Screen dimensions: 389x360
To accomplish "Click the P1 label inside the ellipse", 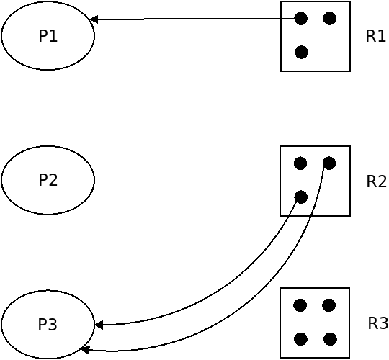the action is pos(48,36).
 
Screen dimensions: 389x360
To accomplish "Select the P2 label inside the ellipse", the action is pos(48,180).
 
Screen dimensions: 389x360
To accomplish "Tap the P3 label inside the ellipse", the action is pos(48,324).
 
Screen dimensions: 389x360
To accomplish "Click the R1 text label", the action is pos(375,36).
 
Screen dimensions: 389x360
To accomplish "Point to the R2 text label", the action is pos(376,181).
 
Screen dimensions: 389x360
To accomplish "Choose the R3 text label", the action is pos(377,323).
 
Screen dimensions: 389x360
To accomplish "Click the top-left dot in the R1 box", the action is pos(301,18).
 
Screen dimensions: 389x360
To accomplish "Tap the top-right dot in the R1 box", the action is pos(330,18).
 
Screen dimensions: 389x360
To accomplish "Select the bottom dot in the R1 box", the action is pos(301,53).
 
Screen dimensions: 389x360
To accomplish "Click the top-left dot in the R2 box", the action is pos(300,163).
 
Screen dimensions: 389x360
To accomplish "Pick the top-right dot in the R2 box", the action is pos(329,163).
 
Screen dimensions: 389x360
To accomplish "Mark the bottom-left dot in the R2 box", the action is pos(301,197).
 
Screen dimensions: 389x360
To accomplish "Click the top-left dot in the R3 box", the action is pos(300,305).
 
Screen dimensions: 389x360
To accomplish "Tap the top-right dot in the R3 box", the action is pos(329,305).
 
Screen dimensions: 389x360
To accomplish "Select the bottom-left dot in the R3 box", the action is pos(301,339).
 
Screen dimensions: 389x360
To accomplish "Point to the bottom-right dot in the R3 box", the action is pos(330,339).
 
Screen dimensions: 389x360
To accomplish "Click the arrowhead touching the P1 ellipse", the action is pos(93,19).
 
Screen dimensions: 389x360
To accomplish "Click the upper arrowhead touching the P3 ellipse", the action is pos(99,325).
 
